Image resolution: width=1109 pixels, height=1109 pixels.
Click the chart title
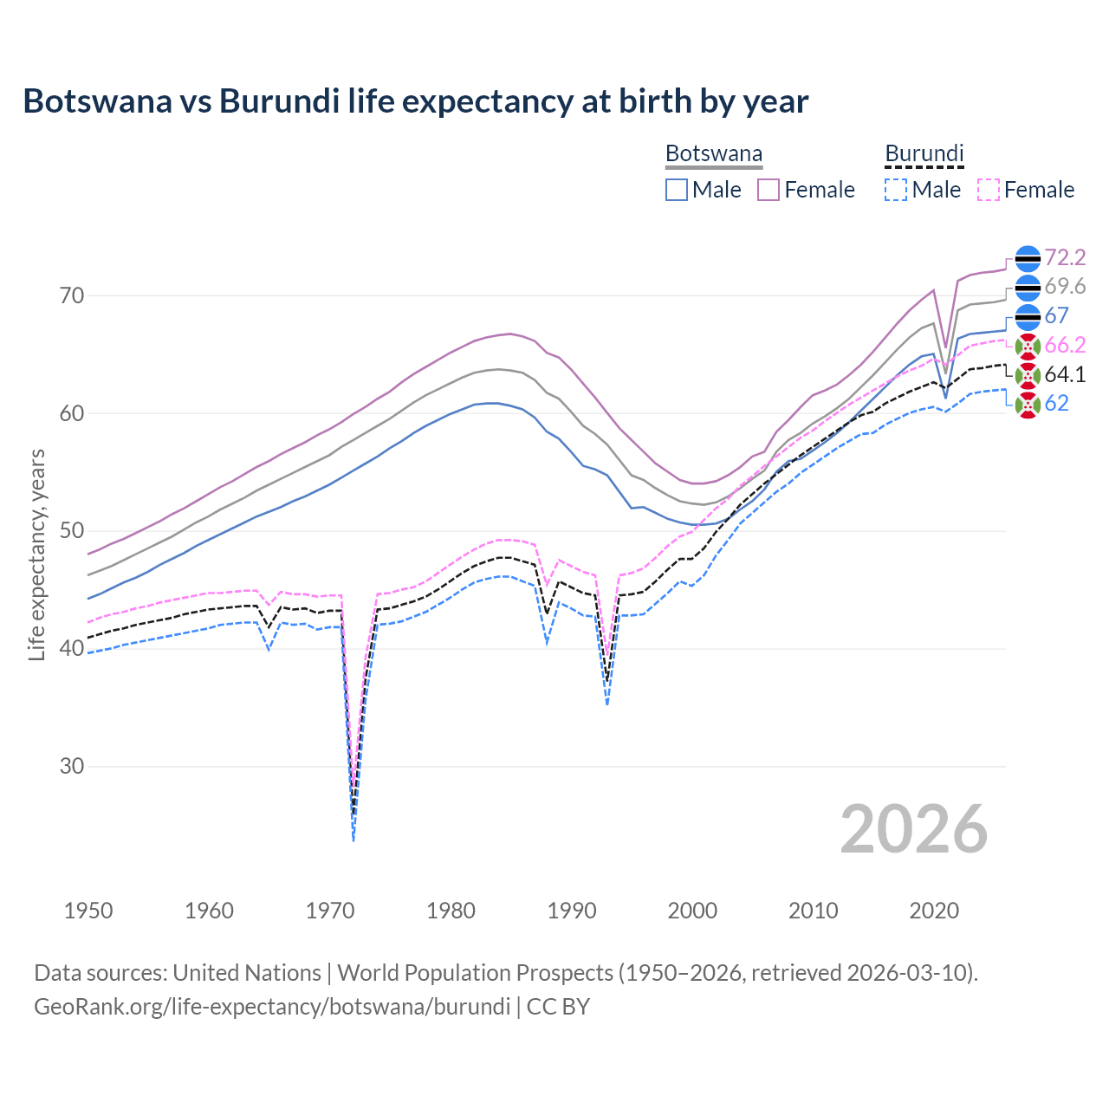pyautogui.click(x=416, y=101)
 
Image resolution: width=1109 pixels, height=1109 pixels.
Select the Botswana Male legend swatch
pyautogui.click(x=677, y=190)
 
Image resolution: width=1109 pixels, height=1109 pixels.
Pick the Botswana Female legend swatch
pyautogui.click(x=769, y=190)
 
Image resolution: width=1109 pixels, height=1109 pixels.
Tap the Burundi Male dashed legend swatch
pyautogui.click(x=896, y=190)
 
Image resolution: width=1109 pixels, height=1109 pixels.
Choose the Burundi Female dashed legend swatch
pyautogui.click(x=989, y=190)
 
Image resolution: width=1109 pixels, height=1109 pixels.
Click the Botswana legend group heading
pyautogui.click(x=714, y=154)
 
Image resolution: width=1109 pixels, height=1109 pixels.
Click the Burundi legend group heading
pyautogui.click(x=924, y=154)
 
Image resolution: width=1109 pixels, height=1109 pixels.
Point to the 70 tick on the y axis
pyautogui.click(x=73, y=295)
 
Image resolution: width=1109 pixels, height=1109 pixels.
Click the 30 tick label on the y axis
pyautogui.click(x=73, y=766)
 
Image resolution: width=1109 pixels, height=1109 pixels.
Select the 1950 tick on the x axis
pyautogui.click(x=88, y=911)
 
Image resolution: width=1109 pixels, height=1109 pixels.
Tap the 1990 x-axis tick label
pyautogui.click(x=572, y=911)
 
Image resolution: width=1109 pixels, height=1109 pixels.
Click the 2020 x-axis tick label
pyautogui.click(x=934, y=911)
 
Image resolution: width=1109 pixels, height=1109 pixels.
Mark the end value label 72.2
pyautogui.click(x=1065, y=257)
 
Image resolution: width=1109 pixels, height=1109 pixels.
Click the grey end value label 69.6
pyautogui.click(x=1065, y=287)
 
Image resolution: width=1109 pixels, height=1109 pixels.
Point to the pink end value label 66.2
pyautogui.click(x=1065, y=345)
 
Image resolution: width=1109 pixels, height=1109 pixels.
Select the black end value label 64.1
pyautogui.click(x=1065, y=374)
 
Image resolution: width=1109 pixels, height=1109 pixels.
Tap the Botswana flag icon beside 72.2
pyautogui.click(x=1028, y=258)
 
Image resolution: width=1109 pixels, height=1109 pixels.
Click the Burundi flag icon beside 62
pyautogui.click(x=1028, y=404)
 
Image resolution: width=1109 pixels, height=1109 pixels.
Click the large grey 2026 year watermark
pyautogui.click(x=914, y=829)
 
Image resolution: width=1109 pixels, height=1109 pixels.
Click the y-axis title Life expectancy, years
pyautogui.click(x=37, y=554)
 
